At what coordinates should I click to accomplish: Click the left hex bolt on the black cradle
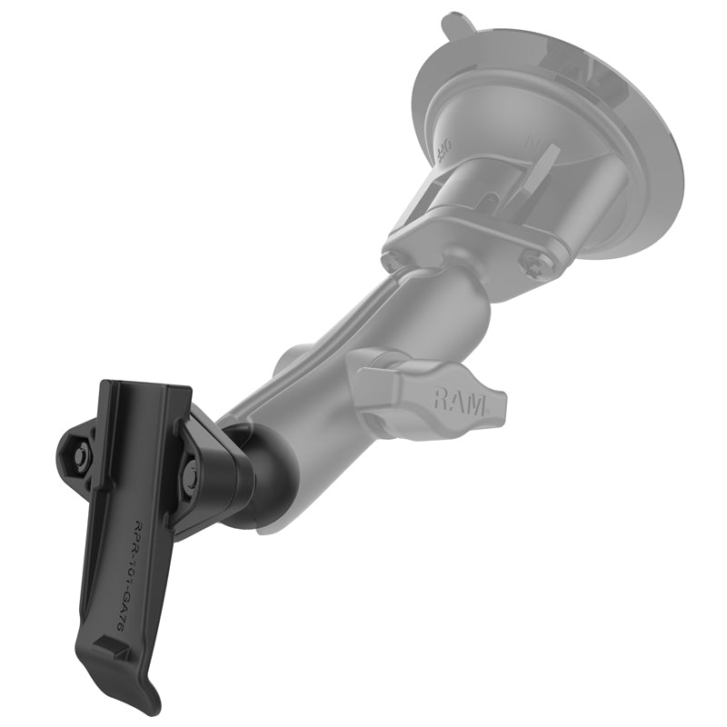[x=79, y=459]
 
